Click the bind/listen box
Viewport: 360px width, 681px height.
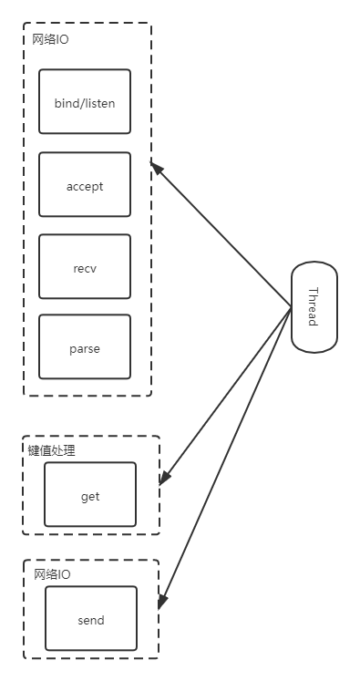(85, 102)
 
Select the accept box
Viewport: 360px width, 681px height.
(85, 185)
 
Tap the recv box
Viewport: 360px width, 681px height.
(85, 268)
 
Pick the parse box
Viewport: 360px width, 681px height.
(85, 347)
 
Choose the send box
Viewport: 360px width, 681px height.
(91, 619)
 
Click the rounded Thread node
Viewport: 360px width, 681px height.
(314, 307)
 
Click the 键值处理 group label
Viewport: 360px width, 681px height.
(52, 450)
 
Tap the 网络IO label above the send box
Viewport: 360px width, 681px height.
(52, 574)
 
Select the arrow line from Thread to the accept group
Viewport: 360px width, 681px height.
(223, 236)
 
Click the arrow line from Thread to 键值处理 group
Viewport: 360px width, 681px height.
(228, 393)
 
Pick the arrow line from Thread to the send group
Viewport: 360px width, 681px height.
(228, 456)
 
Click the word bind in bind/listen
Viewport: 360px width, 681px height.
(67, 103)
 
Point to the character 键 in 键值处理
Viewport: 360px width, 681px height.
(34, 450)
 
